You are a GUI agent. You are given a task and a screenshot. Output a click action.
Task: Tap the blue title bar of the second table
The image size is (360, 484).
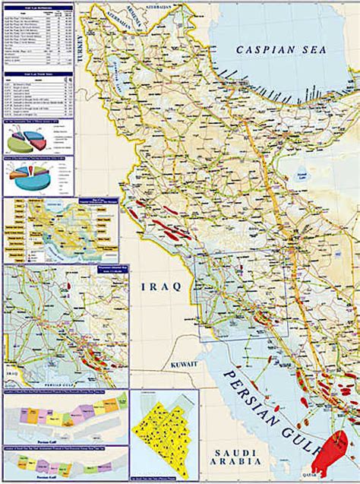[x=38, y=74]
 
